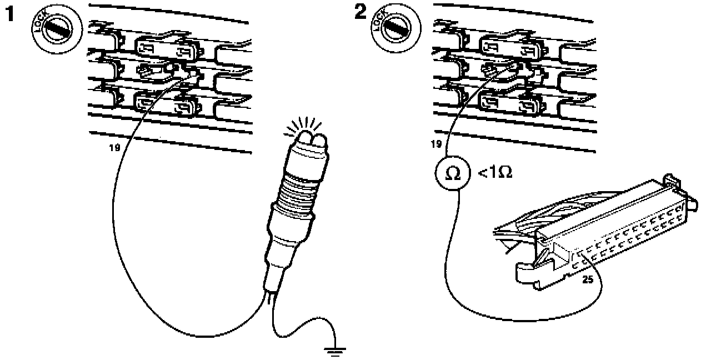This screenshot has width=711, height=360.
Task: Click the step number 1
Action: coord(9,14)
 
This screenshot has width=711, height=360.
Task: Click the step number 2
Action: coord(360,12)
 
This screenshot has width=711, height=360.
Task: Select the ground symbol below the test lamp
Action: coord(334,351)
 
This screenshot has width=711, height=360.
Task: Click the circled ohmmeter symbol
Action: coord(453,174)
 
